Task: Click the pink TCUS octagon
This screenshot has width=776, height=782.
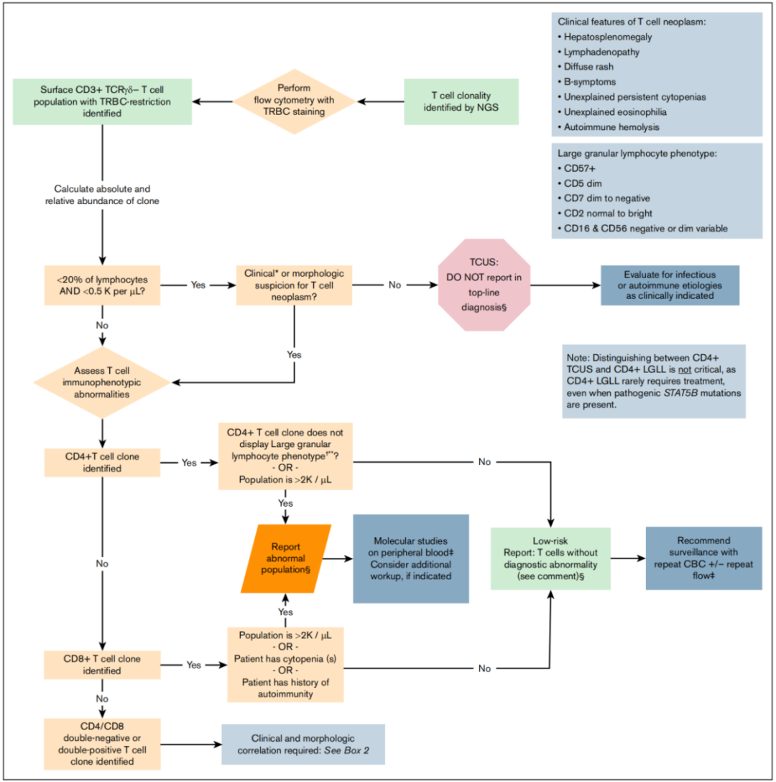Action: [484, 285]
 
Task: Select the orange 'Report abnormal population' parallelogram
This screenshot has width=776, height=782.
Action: [286, 558]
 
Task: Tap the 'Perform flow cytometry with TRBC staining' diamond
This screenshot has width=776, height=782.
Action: [295, 101]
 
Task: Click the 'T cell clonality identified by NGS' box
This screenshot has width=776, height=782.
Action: [461, 101]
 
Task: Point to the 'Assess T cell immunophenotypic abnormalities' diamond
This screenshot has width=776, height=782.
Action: [102, 382]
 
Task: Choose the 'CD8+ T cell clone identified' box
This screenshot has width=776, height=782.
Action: [102, 665]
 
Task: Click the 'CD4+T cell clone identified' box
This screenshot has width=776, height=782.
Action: [102, 462]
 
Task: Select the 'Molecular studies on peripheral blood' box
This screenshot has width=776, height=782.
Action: [411, 558]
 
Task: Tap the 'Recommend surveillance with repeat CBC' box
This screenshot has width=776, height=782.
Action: [703, 558]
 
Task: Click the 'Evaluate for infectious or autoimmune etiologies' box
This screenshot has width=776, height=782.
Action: [670, 285]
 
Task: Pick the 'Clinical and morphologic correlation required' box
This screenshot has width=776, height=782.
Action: [303, 744]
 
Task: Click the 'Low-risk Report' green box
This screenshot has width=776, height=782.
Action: [550, 558]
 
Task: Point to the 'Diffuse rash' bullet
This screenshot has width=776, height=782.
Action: [586, 67]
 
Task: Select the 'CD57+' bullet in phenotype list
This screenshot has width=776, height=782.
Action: [577, 169]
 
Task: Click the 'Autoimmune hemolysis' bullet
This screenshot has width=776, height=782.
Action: [609, 127]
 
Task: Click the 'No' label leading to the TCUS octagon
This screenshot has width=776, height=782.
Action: [394, 285]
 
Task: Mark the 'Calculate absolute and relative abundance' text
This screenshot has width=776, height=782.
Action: [102, 195]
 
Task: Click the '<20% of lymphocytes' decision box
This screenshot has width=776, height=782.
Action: [102, 285]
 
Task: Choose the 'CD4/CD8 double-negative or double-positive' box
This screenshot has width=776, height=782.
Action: [102, 744]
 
